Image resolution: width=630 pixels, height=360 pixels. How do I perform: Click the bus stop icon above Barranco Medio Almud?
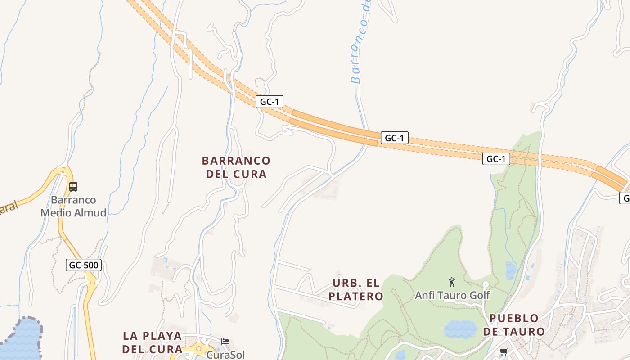73,186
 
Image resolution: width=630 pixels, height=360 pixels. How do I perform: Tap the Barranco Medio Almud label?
73,206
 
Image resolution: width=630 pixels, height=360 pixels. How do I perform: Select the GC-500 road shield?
84,265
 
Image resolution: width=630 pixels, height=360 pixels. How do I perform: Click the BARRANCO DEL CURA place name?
236,167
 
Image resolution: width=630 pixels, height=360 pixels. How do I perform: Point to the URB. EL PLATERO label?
356,289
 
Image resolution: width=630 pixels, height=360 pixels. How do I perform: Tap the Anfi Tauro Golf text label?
452,296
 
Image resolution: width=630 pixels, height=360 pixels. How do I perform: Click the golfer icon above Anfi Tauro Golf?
452,282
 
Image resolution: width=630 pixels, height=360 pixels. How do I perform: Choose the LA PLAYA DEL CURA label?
153,342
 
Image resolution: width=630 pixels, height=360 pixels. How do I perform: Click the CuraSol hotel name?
225,355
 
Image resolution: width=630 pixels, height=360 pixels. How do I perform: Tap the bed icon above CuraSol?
225,342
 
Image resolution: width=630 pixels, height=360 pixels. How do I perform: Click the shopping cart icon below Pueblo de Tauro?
504,352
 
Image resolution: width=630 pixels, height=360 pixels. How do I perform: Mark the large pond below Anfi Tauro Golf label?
460,329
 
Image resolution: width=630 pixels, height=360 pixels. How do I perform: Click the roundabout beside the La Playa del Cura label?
198,349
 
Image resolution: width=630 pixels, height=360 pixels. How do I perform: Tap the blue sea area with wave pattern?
20,340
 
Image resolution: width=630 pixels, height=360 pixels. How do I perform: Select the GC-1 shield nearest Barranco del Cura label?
270,102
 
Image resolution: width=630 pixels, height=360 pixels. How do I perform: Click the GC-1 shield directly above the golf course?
496,159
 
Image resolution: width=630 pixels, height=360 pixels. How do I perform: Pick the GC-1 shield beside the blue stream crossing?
395,138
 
